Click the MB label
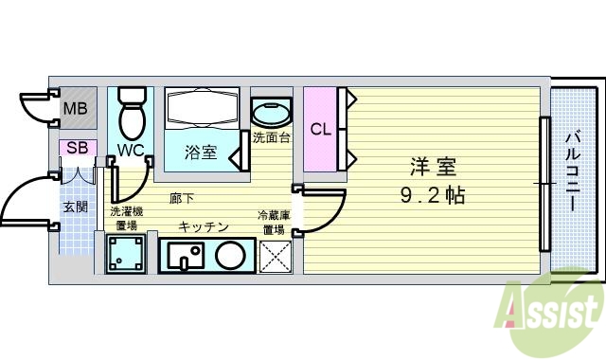click(x=75, y=108)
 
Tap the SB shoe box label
click(x=76, y=148)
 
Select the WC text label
click(x=131, y=150)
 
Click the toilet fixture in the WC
click(x=132, y=112)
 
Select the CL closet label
click(x=321, y=129)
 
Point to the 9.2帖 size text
click(x=433, y=196)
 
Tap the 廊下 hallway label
click(x=183, y=199)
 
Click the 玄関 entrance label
click(x=76, y=206)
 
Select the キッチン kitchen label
click(x=204, y=226)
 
